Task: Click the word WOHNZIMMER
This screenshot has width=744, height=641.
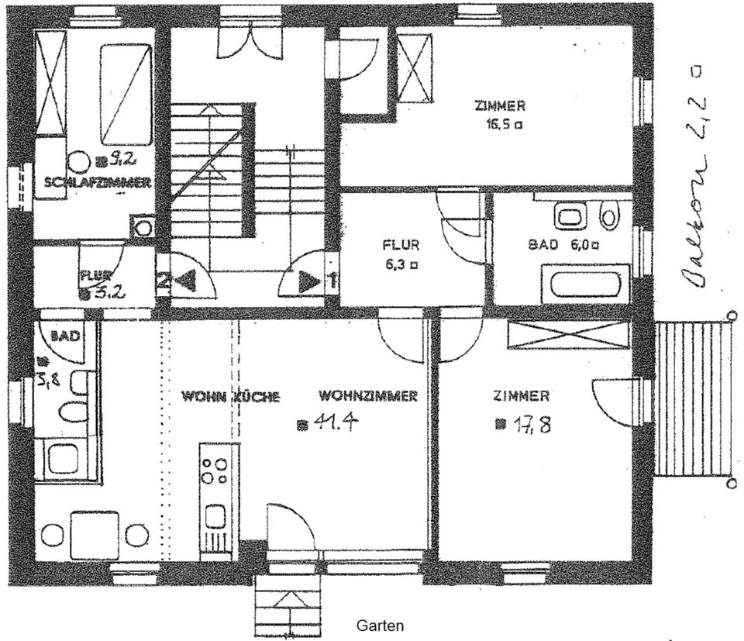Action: point(368,396)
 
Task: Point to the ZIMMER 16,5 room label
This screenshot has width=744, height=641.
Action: point(501,114)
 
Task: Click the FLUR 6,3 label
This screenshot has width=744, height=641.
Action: point(401,253)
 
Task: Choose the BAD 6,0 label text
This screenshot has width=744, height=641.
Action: point(563,245)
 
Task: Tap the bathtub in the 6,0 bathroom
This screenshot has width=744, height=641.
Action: point(585,284)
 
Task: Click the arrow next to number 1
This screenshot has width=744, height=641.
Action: point(309,281)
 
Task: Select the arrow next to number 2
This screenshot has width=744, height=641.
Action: point(185,281)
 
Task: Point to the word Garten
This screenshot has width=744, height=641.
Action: point(380,624)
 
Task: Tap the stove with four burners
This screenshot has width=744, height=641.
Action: point(215,470)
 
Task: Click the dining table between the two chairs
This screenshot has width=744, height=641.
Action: point(95,534)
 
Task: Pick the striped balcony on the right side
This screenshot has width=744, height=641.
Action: point(694,400)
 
